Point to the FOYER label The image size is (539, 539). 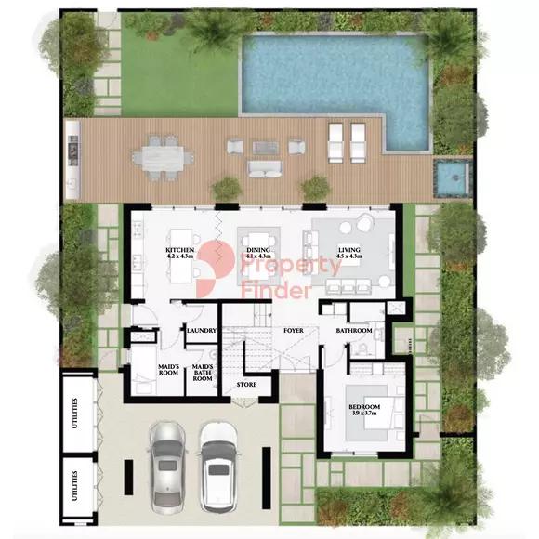tap(294, 330)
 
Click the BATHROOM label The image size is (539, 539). tap(354, 331)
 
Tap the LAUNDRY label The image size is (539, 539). tap(202, 331)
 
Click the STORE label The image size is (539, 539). tap(246, 384)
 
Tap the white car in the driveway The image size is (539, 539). tap(218, 461)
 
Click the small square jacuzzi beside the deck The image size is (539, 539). tap(450, 177)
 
